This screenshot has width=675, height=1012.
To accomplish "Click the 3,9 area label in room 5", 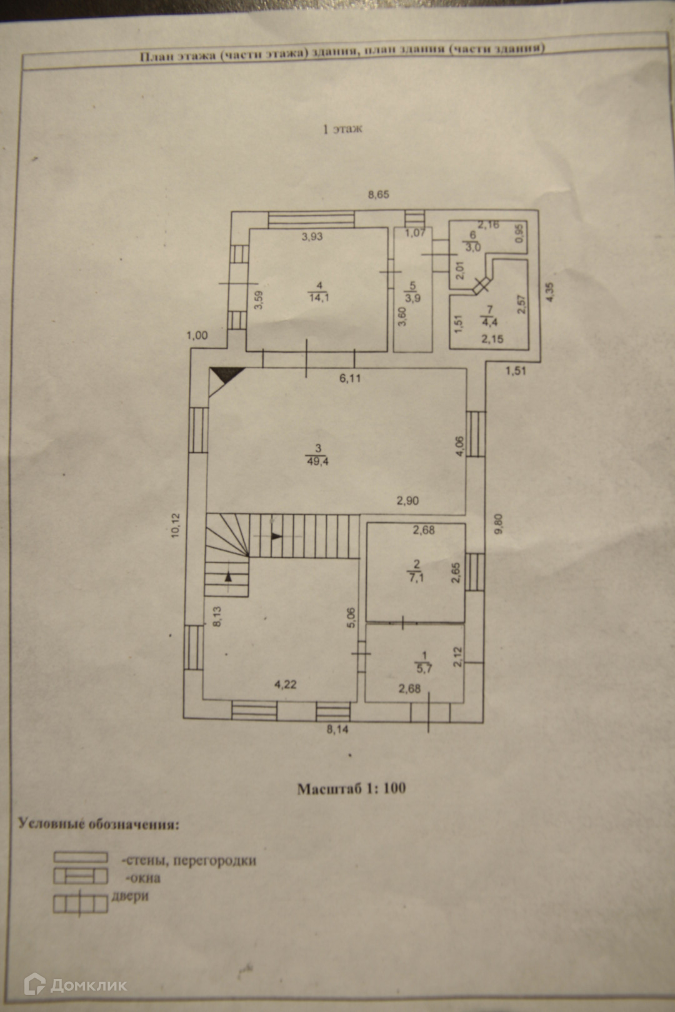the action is pyautogui.click(x=412, y=298).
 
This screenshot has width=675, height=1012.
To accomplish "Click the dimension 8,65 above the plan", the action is pyautogui.click(x=378, y=194).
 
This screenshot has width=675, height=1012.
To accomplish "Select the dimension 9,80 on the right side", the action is pyautogui.click(x=498, y=523).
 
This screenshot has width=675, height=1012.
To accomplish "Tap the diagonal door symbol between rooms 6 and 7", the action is pyautogui.click(x=481, y=285).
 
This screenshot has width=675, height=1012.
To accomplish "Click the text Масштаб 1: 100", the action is pyautogui.click(x=351, y=788).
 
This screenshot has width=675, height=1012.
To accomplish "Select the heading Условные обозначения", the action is pyautogui.click(x=99, y=823).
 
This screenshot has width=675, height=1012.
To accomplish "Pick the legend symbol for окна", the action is pyautogui.click(x=81, y=877).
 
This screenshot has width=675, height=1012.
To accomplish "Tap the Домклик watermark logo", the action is pyautogui.click(x=75, y=985).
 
